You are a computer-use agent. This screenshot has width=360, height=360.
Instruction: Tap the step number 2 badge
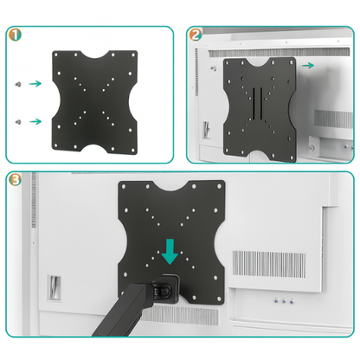click(196, 35)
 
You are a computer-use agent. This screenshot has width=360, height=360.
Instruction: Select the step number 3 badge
click(16, 179)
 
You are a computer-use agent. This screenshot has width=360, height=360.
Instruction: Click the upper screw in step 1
click(16, 84)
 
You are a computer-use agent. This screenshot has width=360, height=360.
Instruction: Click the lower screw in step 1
click(16, 120)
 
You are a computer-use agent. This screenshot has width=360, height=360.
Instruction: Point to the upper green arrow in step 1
click(34, 84)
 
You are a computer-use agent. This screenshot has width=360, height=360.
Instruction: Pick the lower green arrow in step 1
click(34, 120)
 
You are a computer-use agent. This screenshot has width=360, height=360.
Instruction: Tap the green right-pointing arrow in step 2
click(309, 64)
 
